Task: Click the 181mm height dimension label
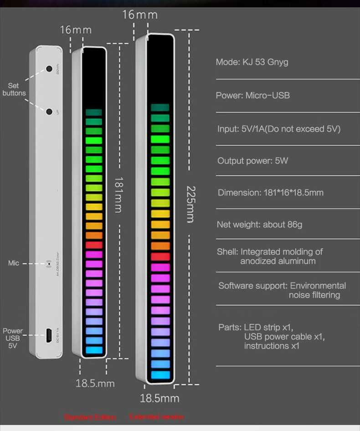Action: pos(118,195)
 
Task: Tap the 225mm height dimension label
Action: pos(191,204)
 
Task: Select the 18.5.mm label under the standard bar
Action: pos(95,383)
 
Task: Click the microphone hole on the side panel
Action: pos(49,263)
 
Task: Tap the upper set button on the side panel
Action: pos(49,69)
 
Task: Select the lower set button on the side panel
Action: pos(49,111)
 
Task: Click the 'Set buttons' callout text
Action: pos(14,89)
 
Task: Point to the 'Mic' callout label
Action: pos(14,263)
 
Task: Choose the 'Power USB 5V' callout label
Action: pos(13,338)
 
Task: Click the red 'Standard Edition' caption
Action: pos(90,417)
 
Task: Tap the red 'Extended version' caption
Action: pos(157,416)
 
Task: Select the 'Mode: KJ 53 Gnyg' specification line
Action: pos(252,62)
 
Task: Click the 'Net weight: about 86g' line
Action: pos(259,224)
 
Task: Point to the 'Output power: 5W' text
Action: pos(252,161)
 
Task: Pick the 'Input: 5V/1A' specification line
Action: pos(278,129)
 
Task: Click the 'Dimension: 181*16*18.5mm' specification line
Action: pos(270,192)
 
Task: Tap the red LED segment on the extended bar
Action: pos(160,257)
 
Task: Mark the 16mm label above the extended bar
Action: pos(139,15)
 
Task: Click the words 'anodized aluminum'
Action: pos(278,261)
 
